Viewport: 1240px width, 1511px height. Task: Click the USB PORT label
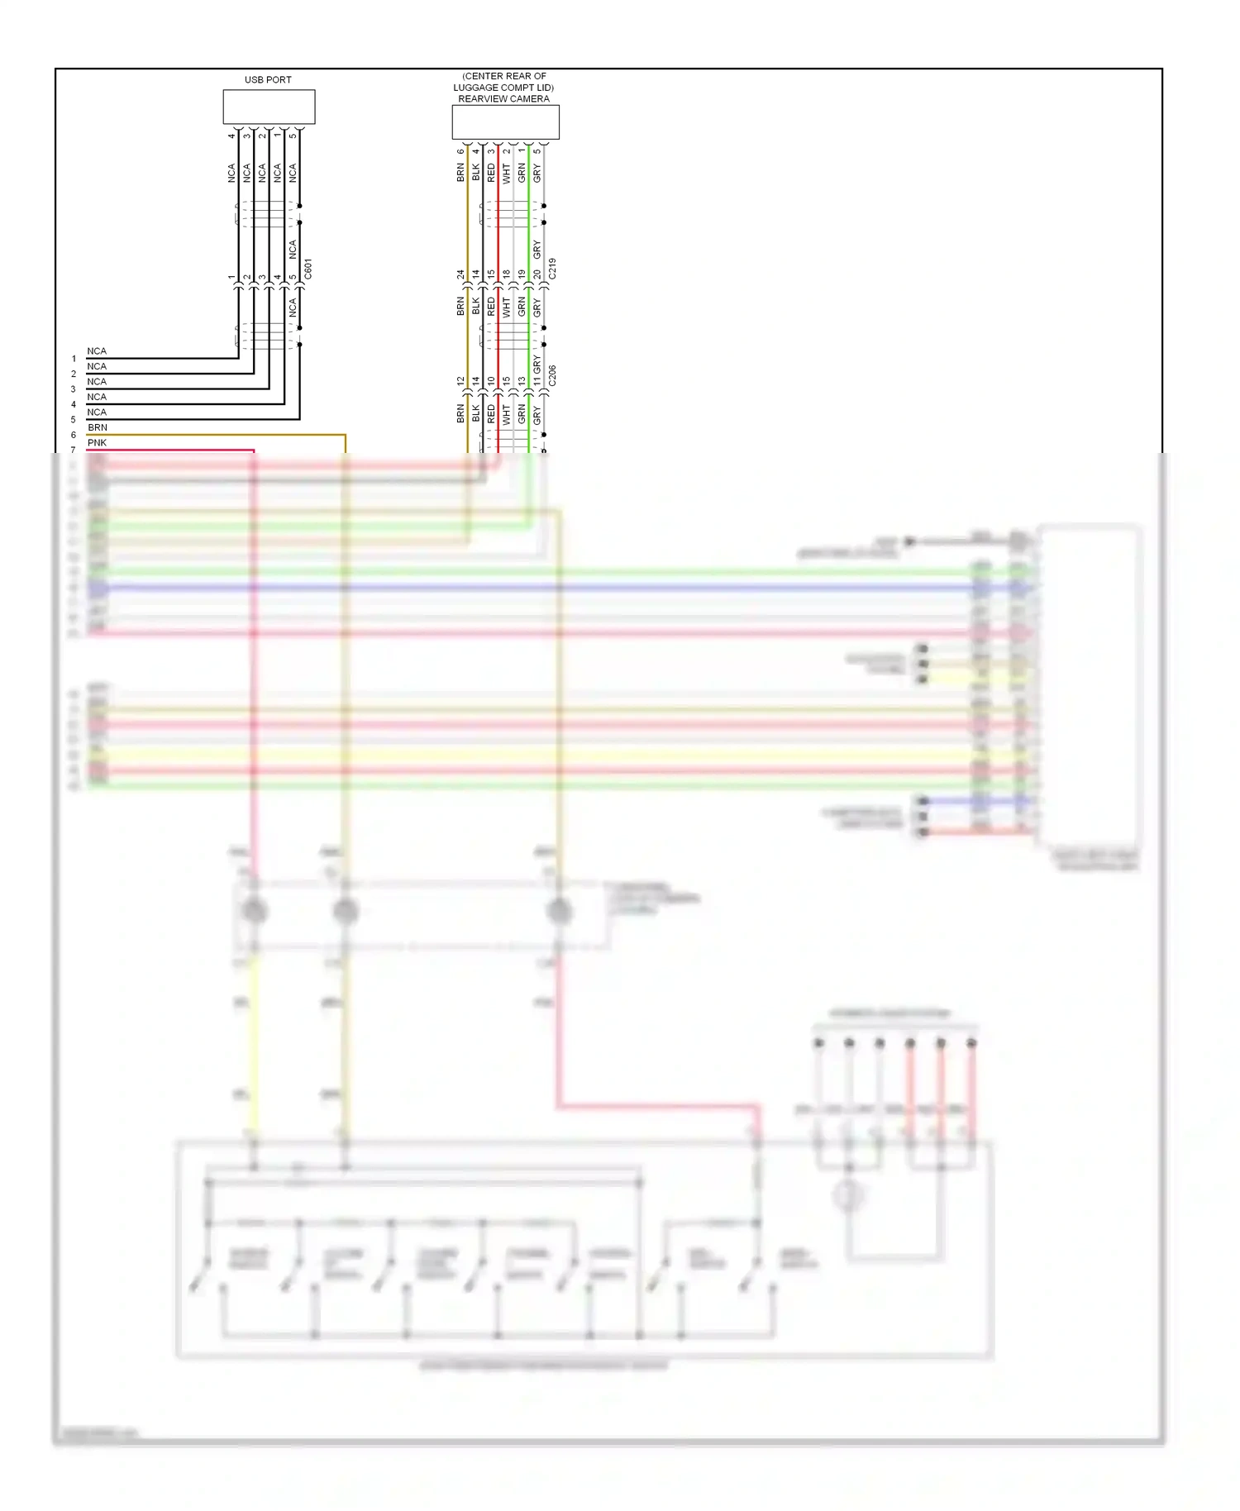click(268, 80)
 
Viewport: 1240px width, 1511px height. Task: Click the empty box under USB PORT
click(269, 107)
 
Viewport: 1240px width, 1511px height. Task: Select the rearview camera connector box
click(505, 122)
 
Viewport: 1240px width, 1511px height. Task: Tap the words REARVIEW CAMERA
click(503, 99)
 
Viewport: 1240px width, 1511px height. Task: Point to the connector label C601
click(308, 269)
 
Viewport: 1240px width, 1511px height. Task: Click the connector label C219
click(552, 268)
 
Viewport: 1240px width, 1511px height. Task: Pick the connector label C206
click(552, 375)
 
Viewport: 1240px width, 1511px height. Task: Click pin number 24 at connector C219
click(460, 274)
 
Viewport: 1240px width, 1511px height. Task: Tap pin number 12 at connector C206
click(460, 381)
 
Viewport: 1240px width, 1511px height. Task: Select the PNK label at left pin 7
click(97, 443)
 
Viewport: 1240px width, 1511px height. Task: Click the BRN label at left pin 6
click(98, 427)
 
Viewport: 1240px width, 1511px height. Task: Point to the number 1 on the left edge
click(74, 359)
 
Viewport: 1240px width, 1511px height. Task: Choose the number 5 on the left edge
click(74, 420)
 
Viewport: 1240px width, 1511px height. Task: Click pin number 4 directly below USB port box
click(231, 136)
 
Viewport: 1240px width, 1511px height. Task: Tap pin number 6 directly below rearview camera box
click(460, 151)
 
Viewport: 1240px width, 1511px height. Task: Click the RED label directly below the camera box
click(491, 173)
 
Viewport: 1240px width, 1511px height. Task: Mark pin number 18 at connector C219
click(506, 274)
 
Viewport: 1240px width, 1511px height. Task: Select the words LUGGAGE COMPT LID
click(503, 88)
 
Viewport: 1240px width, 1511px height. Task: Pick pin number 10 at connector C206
click(491, 381)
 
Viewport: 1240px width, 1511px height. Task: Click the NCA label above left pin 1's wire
click(97, 351)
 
